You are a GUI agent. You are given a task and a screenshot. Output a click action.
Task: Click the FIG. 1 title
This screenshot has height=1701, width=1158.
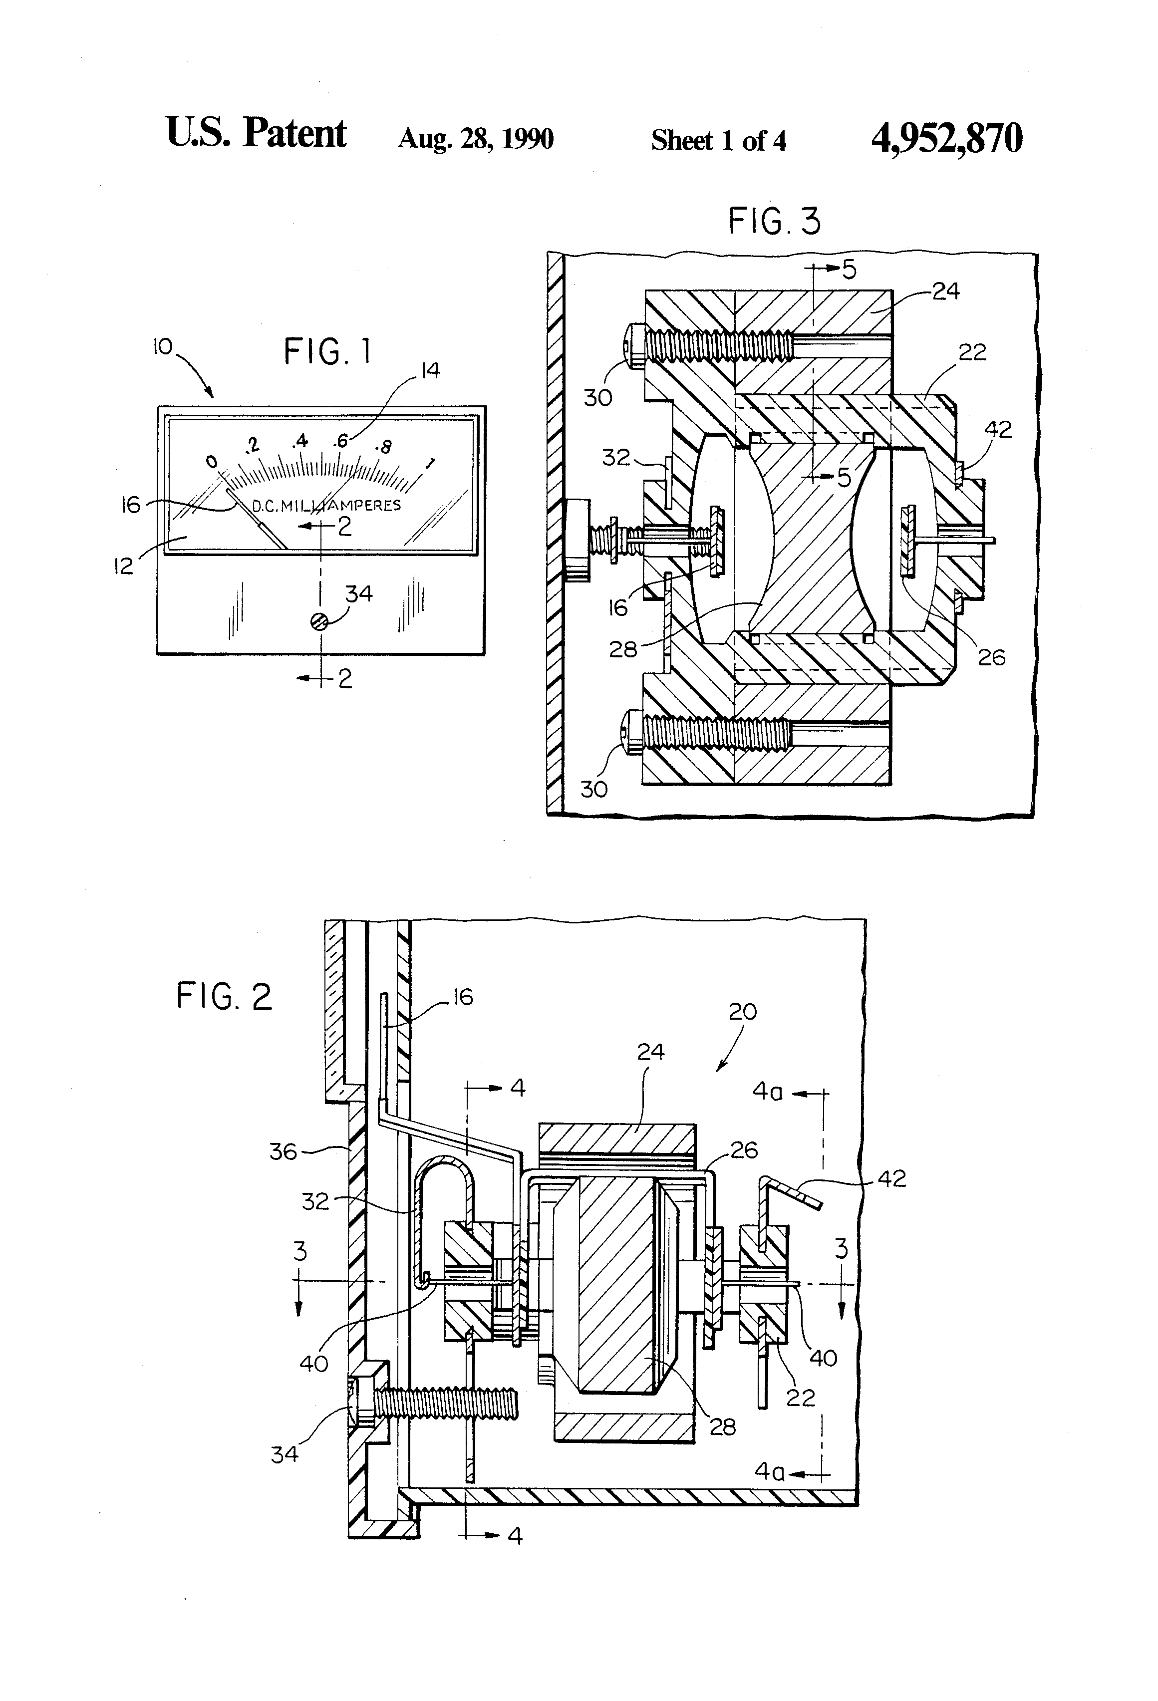pyautogui.click(x=327, y=352)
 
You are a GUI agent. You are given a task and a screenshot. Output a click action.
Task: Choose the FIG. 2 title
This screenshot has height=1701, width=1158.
pyautogui.click(x=224, y=996)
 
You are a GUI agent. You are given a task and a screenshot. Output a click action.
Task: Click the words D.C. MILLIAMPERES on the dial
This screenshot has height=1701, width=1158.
pyautogui.click(x=326, y=505)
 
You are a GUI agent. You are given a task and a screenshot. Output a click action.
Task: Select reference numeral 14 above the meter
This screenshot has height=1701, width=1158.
pyautogui.click(x=430, y=370)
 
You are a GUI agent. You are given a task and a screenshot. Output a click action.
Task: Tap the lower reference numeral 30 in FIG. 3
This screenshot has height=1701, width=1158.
pyautogui.click(x=593, y=789)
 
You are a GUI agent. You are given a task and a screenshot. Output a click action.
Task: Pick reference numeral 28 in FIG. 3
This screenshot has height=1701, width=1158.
pyautogui.click(x=623, y=648)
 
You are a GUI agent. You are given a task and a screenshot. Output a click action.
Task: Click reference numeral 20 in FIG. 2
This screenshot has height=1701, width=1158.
pyautogui.click(x=742, y=1012)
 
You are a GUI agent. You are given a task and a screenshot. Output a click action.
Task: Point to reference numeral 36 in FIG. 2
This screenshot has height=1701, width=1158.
pyautogui.click(x=284, y=1151)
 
